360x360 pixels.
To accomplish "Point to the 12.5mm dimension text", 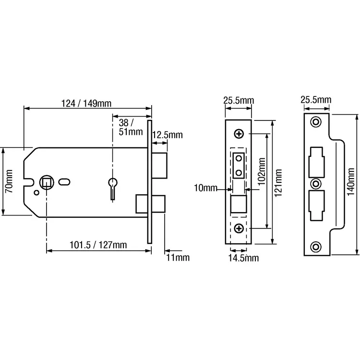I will (167, 135).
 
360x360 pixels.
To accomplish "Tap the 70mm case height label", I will (8, 182).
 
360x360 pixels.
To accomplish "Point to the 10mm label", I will (205, 188).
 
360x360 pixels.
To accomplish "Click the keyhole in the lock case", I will (113, 186).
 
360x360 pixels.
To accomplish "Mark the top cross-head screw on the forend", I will (239, 133).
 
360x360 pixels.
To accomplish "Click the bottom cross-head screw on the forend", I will (239, 228).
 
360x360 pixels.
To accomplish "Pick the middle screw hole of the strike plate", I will (316, 183).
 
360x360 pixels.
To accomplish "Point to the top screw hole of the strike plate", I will (316, 122).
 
